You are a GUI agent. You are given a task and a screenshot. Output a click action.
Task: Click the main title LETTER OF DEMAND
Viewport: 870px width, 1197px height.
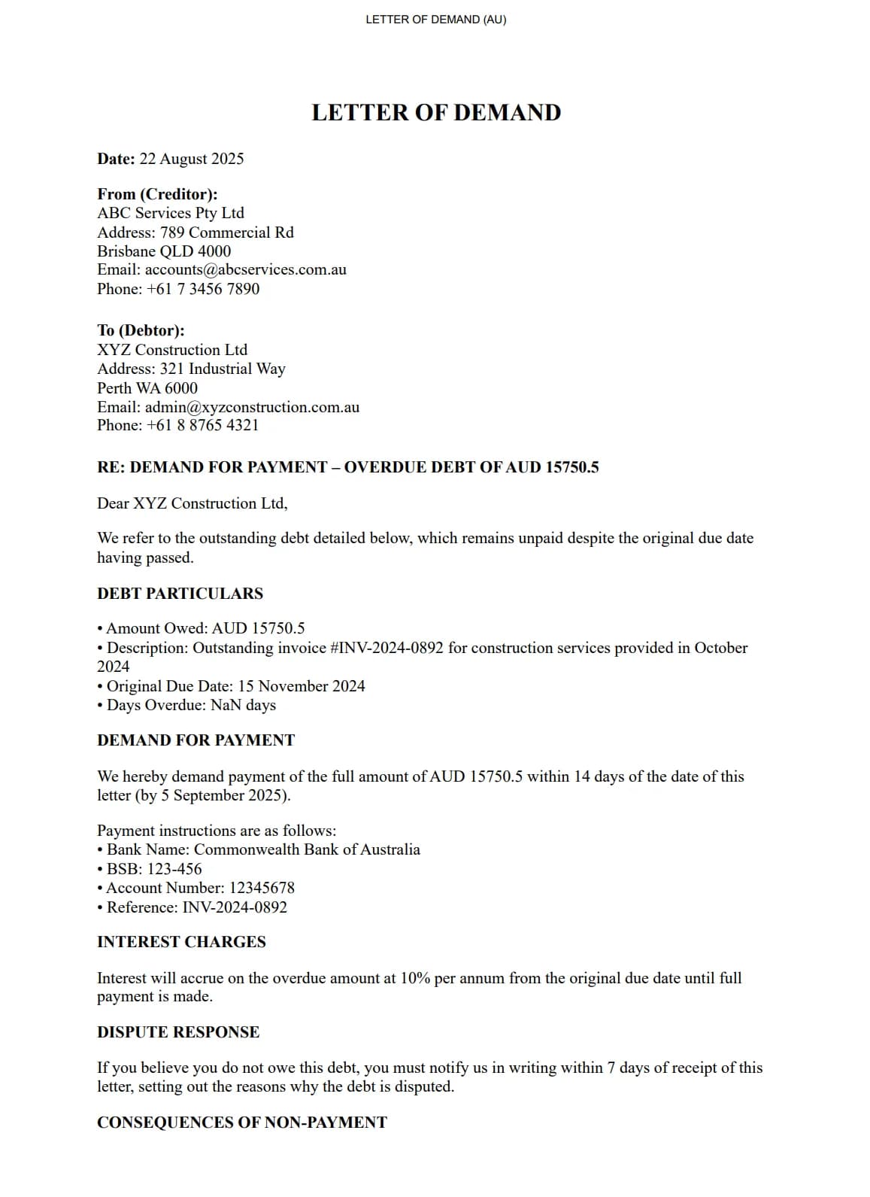[436, 113]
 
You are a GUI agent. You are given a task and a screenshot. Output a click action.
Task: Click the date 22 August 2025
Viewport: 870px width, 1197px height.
[192, 159]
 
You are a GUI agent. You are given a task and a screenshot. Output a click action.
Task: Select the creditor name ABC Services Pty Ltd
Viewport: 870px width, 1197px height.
[171, 213]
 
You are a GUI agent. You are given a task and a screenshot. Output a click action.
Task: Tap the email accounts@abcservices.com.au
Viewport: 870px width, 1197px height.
[246, 269]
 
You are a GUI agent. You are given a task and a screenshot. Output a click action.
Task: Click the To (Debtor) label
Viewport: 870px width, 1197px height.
[141, 330]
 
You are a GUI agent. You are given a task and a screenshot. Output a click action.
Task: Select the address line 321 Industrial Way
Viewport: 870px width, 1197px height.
[223, 369]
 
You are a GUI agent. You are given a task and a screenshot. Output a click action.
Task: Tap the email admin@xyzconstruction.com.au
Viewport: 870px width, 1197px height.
[252, 407]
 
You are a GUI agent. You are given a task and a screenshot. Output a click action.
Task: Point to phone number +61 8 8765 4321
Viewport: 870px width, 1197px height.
[203, 425]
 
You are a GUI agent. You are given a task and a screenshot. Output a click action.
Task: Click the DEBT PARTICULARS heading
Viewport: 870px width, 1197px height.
[180, 594]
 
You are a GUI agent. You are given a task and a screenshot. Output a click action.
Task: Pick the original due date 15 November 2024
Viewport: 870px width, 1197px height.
[302, 686]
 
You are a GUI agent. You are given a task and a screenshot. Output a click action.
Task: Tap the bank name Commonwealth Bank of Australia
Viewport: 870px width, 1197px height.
[307, 849]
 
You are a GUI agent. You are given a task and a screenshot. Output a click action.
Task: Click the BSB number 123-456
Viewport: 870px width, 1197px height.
[174, 869]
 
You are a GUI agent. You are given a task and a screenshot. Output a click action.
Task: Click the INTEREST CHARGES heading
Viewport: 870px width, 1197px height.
[181, 942]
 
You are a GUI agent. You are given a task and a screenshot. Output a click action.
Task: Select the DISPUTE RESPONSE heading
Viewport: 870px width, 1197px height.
[178, 1032]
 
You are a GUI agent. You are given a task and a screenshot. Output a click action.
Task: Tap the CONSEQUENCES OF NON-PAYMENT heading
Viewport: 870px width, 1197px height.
[241, 1123]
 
